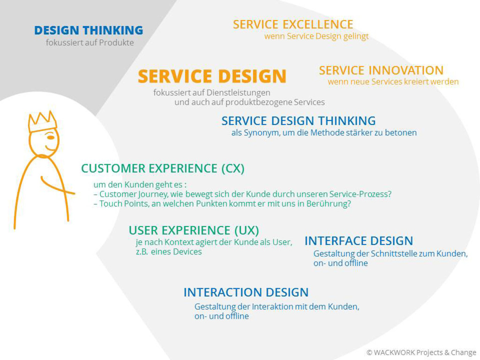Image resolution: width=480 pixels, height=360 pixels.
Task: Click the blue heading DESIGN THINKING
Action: coord(89,30)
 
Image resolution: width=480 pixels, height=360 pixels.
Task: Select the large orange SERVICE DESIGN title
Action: coord(212,76)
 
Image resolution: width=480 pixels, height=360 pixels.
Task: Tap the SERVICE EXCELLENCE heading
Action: coord(293,24)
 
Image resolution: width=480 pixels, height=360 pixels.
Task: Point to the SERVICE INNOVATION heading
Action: coord(381,70)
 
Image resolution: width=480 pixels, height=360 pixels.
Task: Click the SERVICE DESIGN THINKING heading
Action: coord(299,121)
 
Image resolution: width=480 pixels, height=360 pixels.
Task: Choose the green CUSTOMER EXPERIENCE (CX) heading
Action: coord(163,168)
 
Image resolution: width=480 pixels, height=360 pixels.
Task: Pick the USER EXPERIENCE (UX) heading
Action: coord(194,231)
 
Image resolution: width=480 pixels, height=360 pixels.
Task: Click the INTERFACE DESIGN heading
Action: coord(359,241)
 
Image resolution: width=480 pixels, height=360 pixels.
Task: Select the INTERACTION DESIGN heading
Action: coord(246,292)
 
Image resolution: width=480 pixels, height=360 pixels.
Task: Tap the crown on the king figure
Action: coord(42,121)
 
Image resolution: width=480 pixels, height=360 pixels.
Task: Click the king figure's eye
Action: coord(50,137)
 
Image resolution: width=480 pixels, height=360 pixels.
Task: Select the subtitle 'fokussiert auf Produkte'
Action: coord(90,43)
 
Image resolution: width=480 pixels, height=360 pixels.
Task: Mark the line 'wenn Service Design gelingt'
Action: coord(316,36)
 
